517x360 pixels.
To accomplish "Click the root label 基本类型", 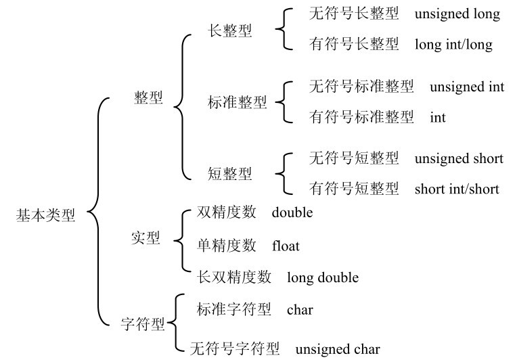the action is tap(45, 215).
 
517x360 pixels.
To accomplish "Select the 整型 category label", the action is tap(148, 97).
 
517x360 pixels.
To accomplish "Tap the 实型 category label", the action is tap(145, 238).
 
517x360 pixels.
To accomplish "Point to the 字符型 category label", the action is tap(143, 323).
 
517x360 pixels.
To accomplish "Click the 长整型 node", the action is tap(230, 31).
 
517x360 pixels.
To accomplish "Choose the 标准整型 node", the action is tap(238, 102).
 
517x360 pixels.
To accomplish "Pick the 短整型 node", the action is tap(230, 173).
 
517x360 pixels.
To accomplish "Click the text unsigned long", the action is tap(457, 14).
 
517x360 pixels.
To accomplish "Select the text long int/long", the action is tap(453, 44).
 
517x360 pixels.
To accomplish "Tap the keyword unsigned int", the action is tap(467, 87).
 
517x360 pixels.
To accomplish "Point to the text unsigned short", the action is tap(459, 158).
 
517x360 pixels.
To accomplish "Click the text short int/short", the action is tap(457, 189).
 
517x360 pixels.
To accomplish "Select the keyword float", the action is tap(286, 246).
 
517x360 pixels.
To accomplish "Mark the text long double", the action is tap(323, 277).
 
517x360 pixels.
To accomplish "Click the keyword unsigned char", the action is tap(338, 349).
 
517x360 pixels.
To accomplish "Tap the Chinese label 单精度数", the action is tap(227, 245).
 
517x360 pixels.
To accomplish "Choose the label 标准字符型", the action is tap(233, 309).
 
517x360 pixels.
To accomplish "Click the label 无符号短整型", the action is tap(354, 158).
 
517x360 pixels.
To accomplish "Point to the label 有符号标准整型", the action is tap(361, 116).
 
